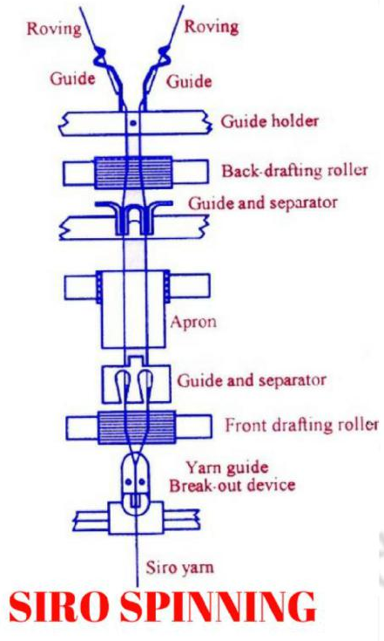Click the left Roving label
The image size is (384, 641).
tap(54, 28)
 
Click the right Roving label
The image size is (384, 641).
tap(211, 26)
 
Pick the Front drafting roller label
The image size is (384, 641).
tap(301, 426)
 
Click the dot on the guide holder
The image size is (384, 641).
tap(132, 124)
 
